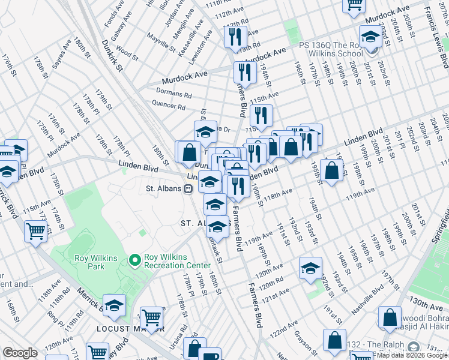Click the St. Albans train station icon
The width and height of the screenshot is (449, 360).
188,188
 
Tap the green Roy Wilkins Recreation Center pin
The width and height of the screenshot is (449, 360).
134,260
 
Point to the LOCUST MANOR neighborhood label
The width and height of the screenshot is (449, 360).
130,329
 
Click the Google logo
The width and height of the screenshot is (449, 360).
20,353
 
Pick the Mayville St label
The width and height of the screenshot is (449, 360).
160,43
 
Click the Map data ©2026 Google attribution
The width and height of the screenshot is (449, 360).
412,355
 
